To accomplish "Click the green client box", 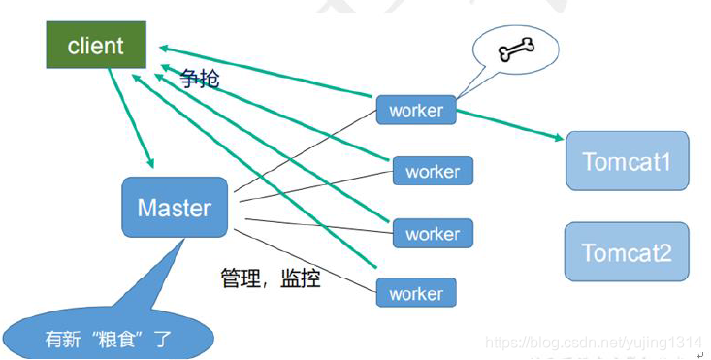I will click(x=96, y=46).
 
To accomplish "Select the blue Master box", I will click(x=175, y=207).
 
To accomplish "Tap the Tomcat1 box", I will click(x=627, y=160).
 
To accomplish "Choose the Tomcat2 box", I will click(x=627, y=252).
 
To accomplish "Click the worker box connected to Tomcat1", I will click(x=415, y=111).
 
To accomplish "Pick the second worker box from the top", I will click(x=433, y=172).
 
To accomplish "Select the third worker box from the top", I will click(x=433, y=234).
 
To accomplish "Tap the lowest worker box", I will click(x=415, y=293).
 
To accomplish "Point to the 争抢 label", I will click(x=200, y=79).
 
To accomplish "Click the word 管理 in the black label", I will click(x=242, y=279).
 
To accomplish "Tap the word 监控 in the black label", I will click(x=300, y=279).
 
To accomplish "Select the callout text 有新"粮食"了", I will click(x=108, y=340).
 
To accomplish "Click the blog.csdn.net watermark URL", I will click(x=592, y=343).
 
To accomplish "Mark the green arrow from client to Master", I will click(x=132, y=116).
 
